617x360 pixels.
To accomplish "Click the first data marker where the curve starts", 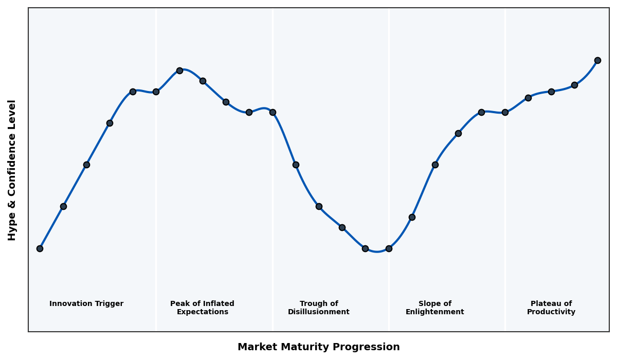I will click(x=40, y=248).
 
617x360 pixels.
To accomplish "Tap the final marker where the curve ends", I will click(x=597, y=60).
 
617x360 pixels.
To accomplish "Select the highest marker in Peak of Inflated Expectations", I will click(x=179, y=70).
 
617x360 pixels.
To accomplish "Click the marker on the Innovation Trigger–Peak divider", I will click(x=156, y=92).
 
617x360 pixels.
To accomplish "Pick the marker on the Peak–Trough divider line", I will click(x=273, y=112).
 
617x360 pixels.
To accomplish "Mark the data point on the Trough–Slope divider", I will click(x=389, y=248).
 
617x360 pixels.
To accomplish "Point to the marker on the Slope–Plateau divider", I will click(x=505, y=112).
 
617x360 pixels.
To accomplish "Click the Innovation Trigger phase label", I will click(x=86, y=304).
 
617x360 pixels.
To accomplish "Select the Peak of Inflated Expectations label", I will click(x=202, y=308).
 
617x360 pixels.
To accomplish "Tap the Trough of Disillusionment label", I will click(x=319, y=308).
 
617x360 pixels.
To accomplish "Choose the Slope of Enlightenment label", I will click(x=435, y=308).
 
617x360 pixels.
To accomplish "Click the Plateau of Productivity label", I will click(x=551, y=308).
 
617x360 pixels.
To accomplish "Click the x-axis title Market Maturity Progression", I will click(x=319, y=347).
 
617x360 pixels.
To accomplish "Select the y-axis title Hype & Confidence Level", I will click(x=12, y=170).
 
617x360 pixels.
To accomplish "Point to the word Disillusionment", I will click(x=319, y=312).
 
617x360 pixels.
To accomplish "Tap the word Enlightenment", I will click(x=435, y=312).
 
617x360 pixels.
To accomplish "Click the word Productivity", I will click(x=551, y=312).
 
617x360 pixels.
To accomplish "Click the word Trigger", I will click(x=110, y=304).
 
